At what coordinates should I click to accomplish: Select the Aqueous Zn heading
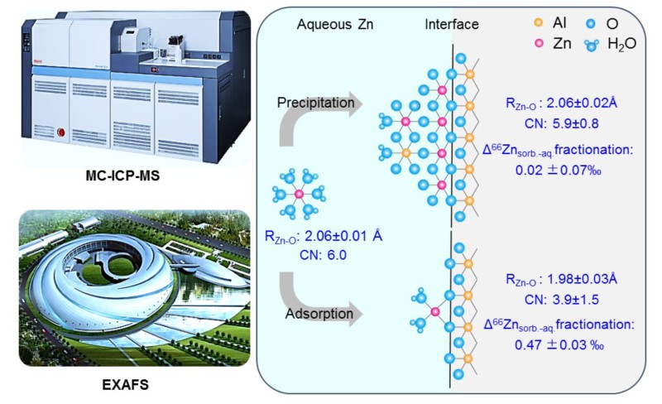[333, 26]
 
